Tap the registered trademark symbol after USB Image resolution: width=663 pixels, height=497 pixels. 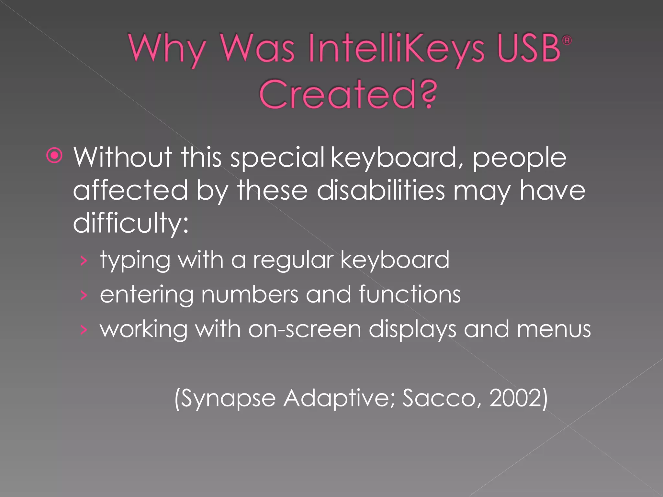pos(567,40)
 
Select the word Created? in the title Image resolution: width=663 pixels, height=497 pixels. pos(348,94)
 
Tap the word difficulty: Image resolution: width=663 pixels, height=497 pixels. pos(130,224)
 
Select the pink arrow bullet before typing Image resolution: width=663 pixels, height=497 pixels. pos(84,260)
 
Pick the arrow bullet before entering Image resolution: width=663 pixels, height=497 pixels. pos(84,295)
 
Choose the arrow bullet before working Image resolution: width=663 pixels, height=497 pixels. pos(84,330)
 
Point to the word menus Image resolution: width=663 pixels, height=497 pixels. pos(554,329)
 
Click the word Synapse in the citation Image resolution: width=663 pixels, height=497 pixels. pos(225,398)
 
